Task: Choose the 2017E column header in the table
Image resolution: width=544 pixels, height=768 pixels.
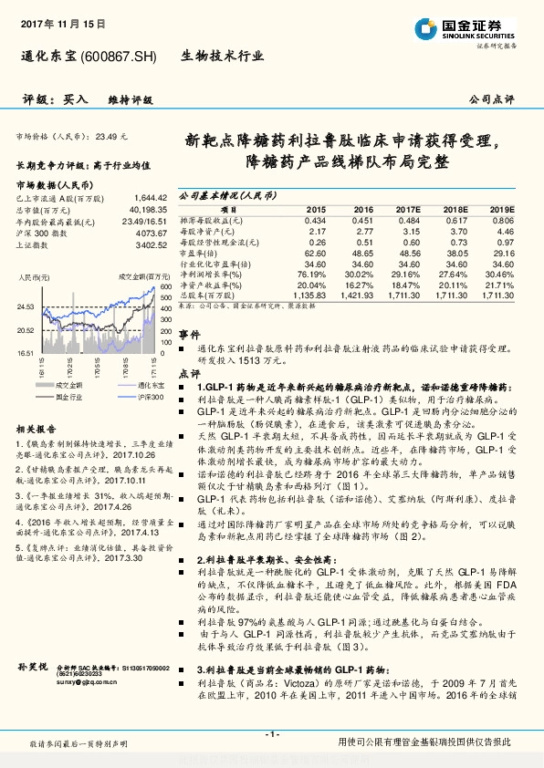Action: (408, 209)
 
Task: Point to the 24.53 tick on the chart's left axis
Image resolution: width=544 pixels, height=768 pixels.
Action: (26, 306)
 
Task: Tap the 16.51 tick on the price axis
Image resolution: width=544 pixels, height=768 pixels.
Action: (26, 351)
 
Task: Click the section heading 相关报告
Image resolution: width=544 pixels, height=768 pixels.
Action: (37, 429)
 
